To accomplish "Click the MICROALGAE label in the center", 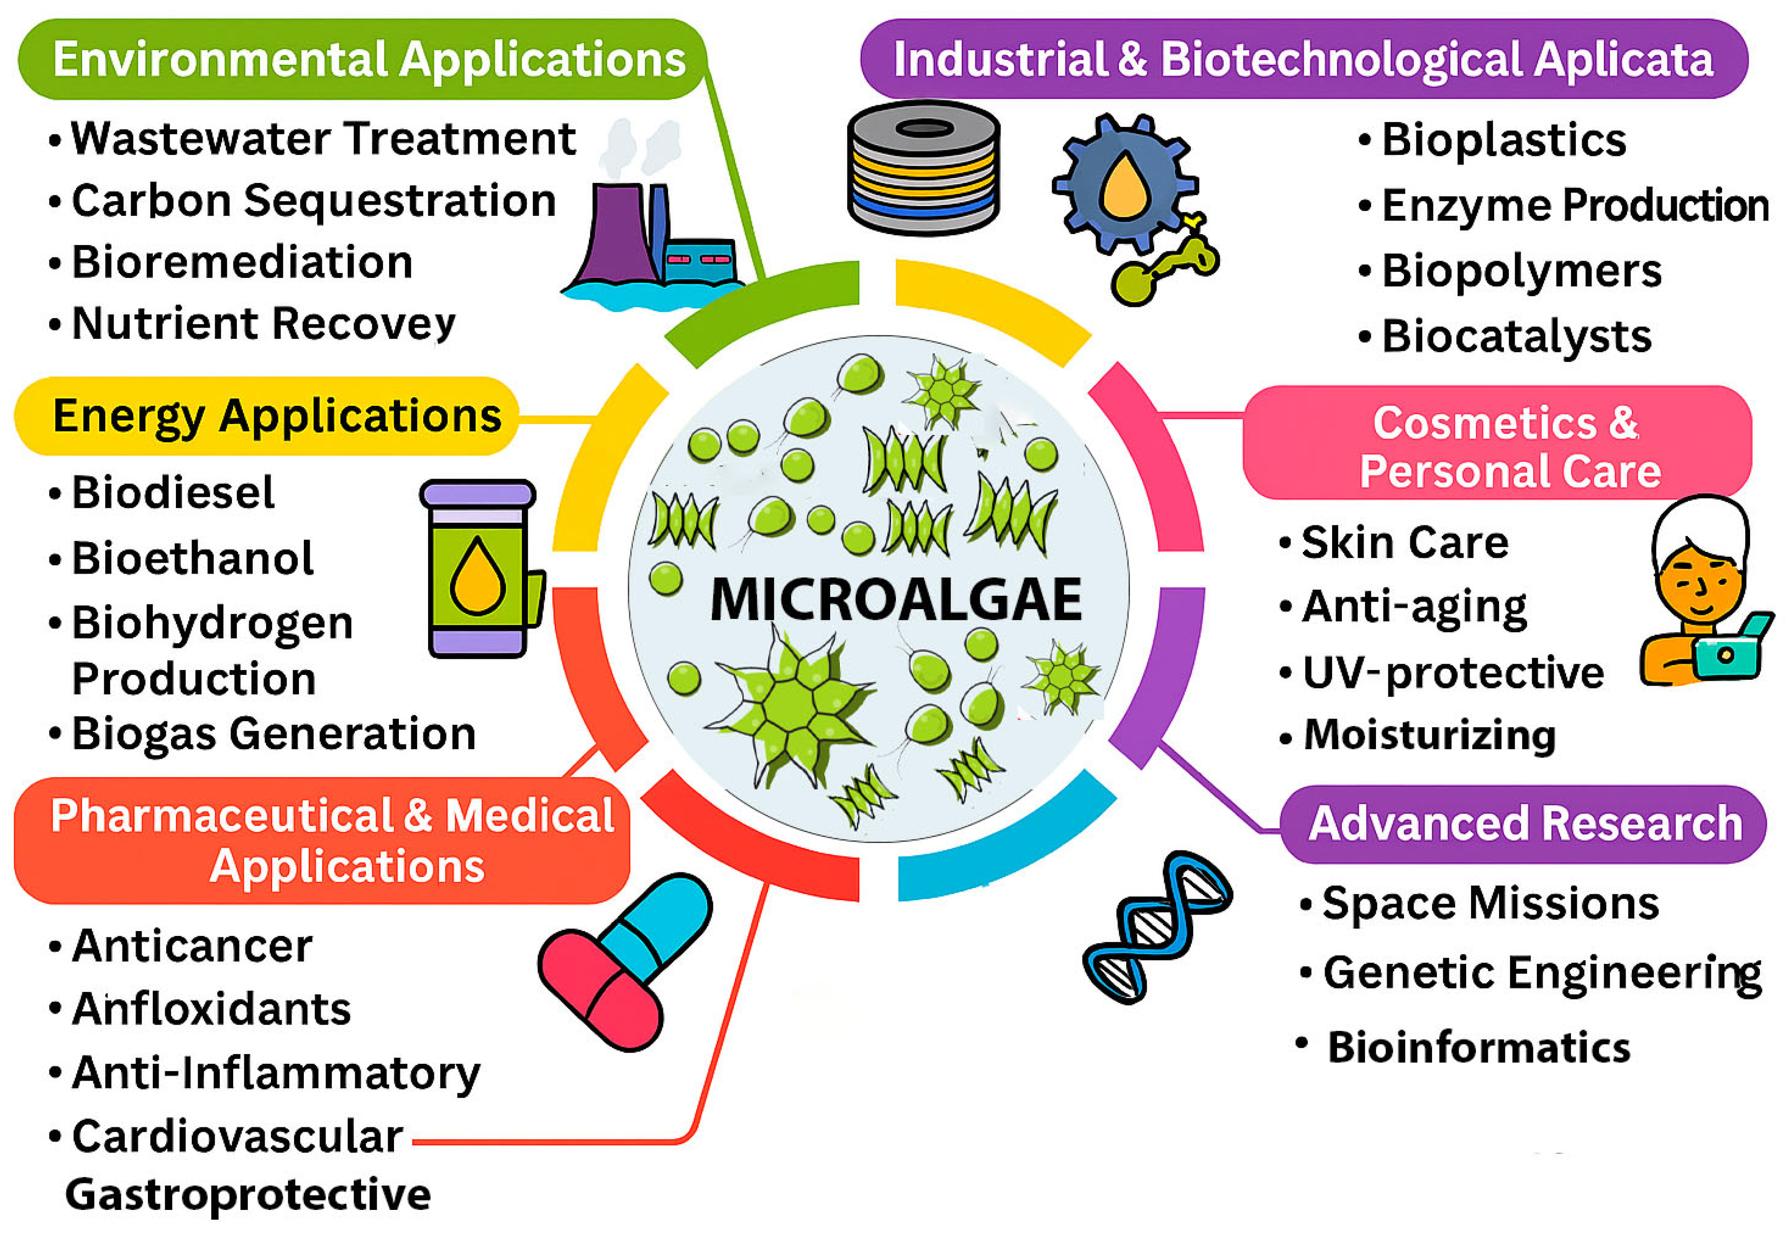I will (x=895, y=599).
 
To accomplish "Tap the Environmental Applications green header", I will (x=368, y=59).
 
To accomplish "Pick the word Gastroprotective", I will (x=248, y=1194).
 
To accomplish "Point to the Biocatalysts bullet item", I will (x=1516, y=337).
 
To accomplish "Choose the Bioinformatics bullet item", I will (x=1478, y=1047).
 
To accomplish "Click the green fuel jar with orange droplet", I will (x=478, y=568).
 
